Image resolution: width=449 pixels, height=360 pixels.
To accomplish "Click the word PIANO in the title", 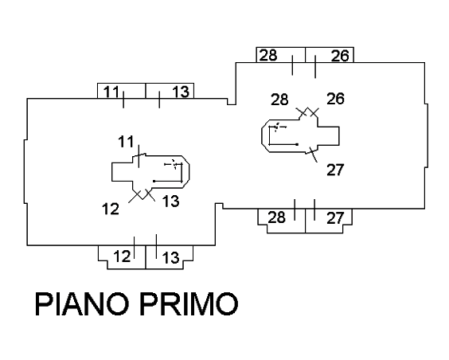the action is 82,304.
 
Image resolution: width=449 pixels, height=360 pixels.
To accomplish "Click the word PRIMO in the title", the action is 189,304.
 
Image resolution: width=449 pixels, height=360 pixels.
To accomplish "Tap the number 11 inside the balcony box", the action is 111,92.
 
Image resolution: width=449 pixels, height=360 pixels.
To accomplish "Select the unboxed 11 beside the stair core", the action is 126,142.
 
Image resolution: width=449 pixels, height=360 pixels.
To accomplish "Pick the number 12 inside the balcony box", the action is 122,256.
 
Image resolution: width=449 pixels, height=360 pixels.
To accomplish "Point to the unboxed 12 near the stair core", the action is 111,209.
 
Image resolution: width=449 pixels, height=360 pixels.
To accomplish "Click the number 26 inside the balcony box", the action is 340,56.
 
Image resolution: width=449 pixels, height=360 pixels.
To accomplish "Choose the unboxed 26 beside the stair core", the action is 336,99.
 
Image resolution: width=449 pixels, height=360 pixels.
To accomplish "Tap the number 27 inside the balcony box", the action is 335,218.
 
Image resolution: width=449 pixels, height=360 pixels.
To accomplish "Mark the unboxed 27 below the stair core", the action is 335,170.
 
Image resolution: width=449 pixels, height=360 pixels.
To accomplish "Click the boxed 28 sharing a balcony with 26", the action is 268,55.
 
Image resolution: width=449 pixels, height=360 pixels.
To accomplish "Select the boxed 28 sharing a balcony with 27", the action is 276,217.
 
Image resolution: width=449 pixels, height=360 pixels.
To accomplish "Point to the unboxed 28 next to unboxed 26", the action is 279,100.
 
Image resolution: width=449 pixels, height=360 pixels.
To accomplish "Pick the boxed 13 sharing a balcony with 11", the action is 181,92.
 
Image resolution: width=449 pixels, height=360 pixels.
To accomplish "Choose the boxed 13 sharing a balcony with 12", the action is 171,257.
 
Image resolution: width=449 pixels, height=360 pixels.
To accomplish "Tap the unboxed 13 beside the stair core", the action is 171,201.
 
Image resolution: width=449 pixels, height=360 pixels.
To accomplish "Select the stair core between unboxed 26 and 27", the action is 339,136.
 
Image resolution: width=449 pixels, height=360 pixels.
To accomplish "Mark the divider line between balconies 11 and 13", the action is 146,91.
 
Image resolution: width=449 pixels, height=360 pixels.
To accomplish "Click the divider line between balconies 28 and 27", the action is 305,221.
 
